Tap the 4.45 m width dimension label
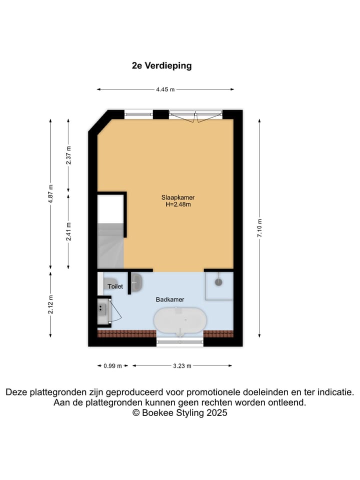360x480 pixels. pos(165,89)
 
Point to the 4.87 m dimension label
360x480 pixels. pos(50,194)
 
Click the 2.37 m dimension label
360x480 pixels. pos(68,155)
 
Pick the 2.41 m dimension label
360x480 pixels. pos(68,231)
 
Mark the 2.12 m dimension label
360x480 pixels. pos(50,304)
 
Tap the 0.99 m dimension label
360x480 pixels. pos(112,366)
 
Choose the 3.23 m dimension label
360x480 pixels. pos(182,366)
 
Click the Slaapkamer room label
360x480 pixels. pos(178,197)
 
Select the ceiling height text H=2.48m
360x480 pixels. pos(178,205)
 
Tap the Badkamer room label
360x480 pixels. pos(170,299)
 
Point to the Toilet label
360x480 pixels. pos(115,286)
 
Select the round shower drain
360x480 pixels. pos(218,282)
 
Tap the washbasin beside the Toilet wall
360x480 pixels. pos(137,282)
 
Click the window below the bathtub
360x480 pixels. pos(180,342)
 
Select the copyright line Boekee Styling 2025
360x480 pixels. pos(179,413)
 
